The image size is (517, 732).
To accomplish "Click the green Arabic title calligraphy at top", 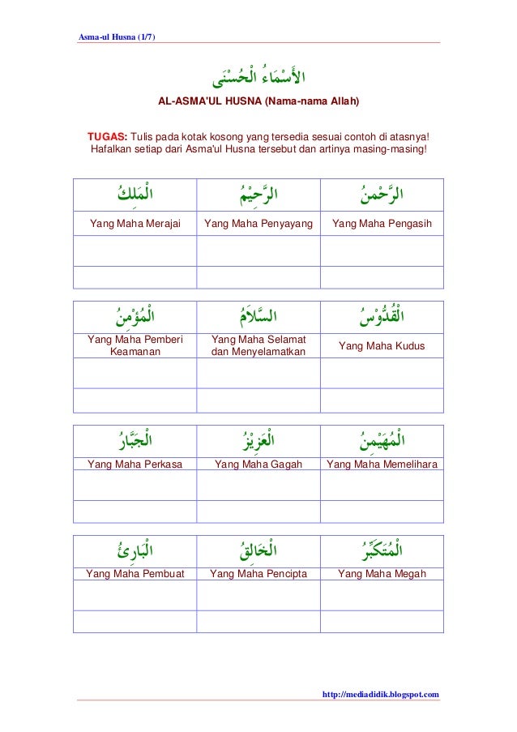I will (x=258, y=79).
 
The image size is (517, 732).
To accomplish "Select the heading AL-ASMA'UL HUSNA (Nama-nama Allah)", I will (x=258, y=104).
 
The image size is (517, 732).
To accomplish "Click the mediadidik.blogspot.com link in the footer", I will (x=381, y=694).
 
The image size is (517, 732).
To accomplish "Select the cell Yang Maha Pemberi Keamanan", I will (x=135, y=346).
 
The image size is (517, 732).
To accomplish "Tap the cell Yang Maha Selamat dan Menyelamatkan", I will (x=258, y=346).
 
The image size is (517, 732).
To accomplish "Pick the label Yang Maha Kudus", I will (x=381, y=346).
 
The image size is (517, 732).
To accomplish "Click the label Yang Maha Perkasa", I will (x=135, y=464).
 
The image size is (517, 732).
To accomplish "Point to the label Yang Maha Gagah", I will (x=258, y=464).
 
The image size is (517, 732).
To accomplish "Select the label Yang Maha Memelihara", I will (x=381, y=464).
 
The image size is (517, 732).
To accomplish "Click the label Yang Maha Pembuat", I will (x=135, y=575).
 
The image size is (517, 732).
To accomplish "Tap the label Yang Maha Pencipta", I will (x=258, y=575).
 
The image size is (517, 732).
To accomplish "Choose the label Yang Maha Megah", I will (x=381, y=575).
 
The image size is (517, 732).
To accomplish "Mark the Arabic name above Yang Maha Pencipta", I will (x=258, y=550).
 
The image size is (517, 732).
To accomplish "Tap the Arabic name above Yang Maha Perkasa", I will (x=135, y=442).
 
